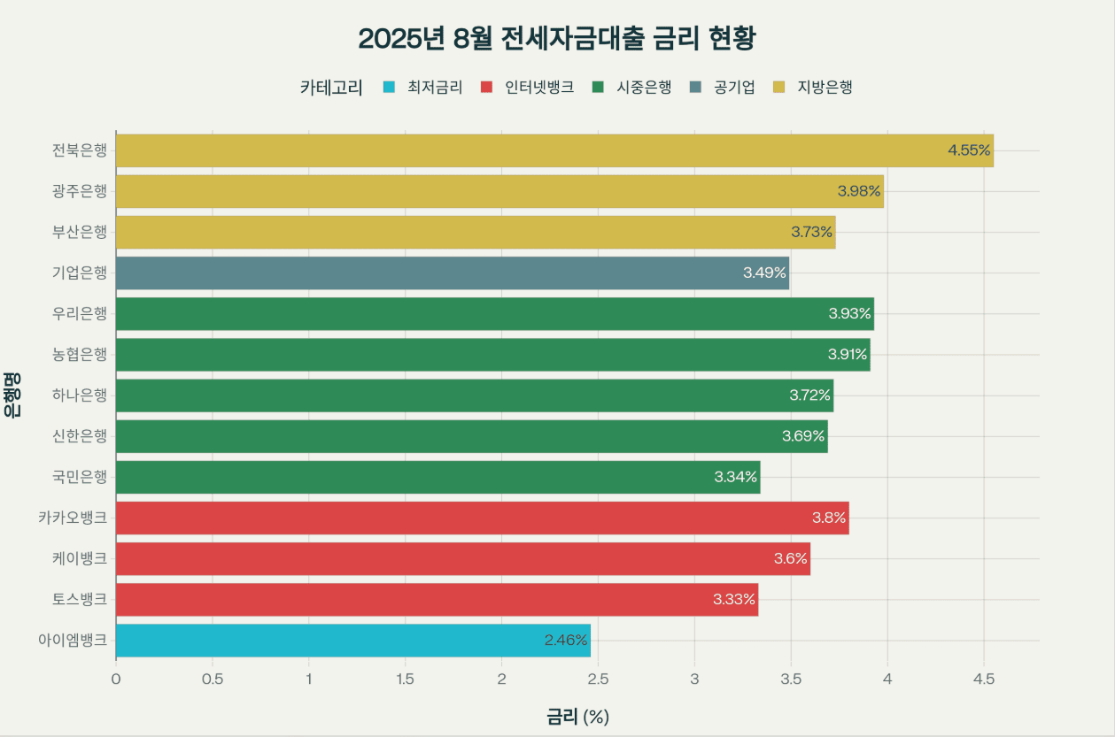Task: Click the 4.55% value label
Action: coord(968,150)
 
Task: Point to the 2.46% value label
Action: coord(566,641)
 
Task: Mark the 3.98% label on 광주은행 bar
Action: coord(859,191)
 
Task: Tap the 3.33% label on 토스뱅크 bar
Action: coord(734,600)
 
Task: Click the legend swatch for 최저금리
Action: coord(388,88)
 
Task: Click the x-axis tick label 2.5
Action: coord(598,679)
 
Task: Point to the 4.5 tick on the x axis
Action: coord(984,679)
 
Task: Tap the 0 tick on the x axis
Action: coord(116,679)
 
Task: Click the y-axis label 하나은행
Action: coord(79,395)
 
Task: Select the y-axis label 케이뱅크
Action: coord(79,559)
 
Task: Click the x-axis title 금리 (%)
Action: coord(577,717)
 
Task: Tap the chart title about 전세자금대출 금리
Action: coord(557,39)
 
